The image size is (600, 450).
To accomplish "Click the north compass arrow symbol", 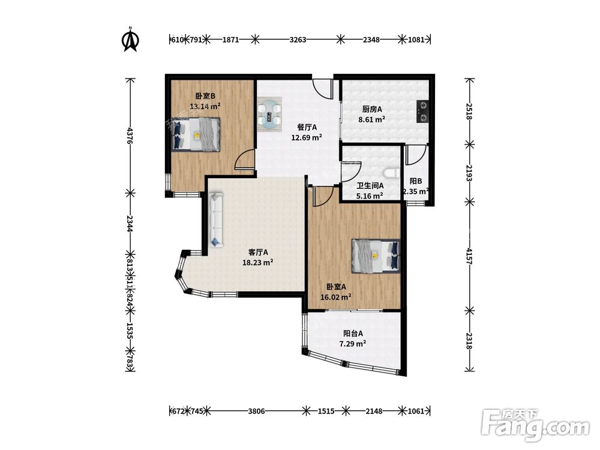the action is [x=130, y=40].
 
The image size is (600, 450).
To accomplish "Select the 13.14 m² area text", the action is [x=205, y=106].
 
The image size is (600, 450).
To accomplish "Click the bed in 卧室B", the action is [x=196, y=133].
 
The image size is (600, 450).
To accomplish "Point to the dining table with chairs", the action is [x=269, y=114].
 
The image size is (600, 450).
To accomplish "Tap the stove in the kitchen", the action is [x=422, y=112].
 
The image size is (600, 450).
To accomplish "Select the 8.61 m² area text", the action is [x=371, y=119].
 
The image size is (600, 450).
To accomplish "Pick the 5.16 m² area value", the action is [x=370, y=196].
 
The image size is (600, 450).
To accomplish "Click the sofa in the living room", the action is [x=216, y=220].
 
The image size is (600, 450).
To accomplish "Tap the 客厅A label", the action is [x=258, y=252].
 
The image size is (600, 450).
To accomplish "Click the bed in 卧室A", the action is [x=376, y=256].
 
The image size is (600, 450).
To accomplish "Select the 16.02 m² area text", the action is [x=336, y=297].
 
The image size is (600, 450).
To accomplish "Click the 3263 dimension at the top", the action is [x=298, y=40].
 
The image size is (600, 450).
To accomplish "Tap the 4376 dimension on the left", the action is [x=130, y=136].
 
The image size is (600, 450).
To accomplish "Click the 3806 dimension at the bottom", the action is [x=256, y=412].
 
